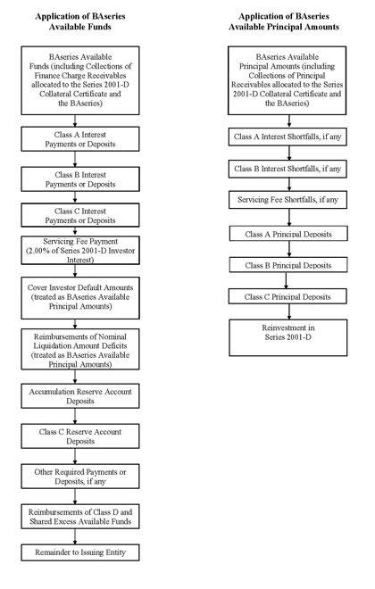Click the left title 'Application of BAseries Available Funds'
(x=80, y=21)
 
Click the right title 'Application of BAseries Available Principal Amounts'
(x=284, y=21)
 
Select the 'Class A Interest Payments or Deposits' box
(x=80, y=139)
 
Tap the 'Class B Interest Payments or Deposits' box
(x=80, y=179)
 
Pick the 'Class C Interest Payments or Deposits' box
(x=80, y=215)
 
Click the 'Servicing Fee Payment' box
(x=80, y=250)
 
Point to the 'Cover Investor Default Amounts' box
(x=80, y=298)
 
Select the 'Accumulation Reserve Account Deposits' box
(x=80, y=396)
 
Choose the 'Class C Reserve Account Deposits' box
(x=80, y=436)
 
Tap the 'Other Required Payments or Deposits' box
(x=80, y=477)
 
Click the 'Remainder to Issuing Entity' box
(x=80, y=552)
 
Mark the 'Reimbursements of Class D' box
(x=80, y=517)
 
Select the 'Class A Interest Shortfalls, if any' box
(x=287, y=137)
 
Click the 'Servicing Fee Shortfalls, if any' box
(x=287, y=200)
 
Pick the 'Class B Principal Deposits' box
(x=288, y=265)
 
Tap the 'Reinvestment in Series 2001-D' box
(x=288, y=337)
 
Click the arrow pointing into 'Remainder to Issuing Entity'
(x=75, y=536)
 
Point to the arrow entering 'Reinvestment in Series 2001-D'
(x=289, y=311)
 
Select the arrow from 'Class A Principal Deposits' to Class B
(x=289, y=249)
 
